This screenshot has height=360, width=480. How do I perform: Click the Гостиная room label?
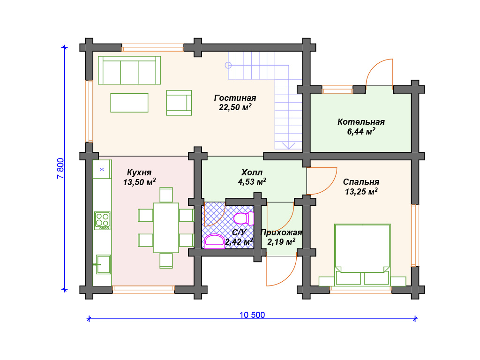[235, 98]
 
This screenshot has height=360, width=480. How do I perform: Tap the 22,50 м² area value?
[235, 107]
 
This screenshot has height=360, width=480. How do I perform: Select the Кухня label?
[139, 172]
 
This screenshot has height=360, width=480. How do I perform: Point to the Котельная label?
[361, 122]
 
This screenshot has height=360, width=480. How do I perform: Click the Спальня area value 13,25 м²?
[361, 192]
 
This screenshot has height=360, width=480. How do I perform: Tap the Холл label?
[252, 172]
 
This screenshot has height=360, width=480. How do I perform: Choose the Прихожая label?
[281, 233]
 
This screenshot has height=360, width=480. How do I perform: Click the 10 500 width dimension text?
[252, 315]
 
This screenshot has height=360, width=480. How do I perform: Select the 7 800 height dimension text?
[60, 168]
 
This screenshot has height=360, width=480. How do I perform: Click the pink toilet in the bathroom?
[244, 218]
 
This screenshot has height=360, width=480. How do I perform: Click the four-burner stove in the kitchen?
[102, 221]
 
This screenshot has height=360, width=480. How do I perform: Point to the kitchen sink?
[104, 264]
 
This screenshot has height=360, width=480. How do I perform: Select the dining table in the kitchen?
[166, 227]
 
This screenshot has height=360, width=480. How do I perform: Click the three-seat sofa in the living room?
[129, 70]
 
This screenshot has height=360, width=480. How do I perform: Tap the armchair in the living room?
[179, 103]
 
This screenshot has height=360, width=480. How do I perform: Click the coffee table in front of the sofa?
[129, 103]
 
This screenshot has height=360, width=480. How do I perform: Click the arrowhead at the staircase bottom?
[288, 146]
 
